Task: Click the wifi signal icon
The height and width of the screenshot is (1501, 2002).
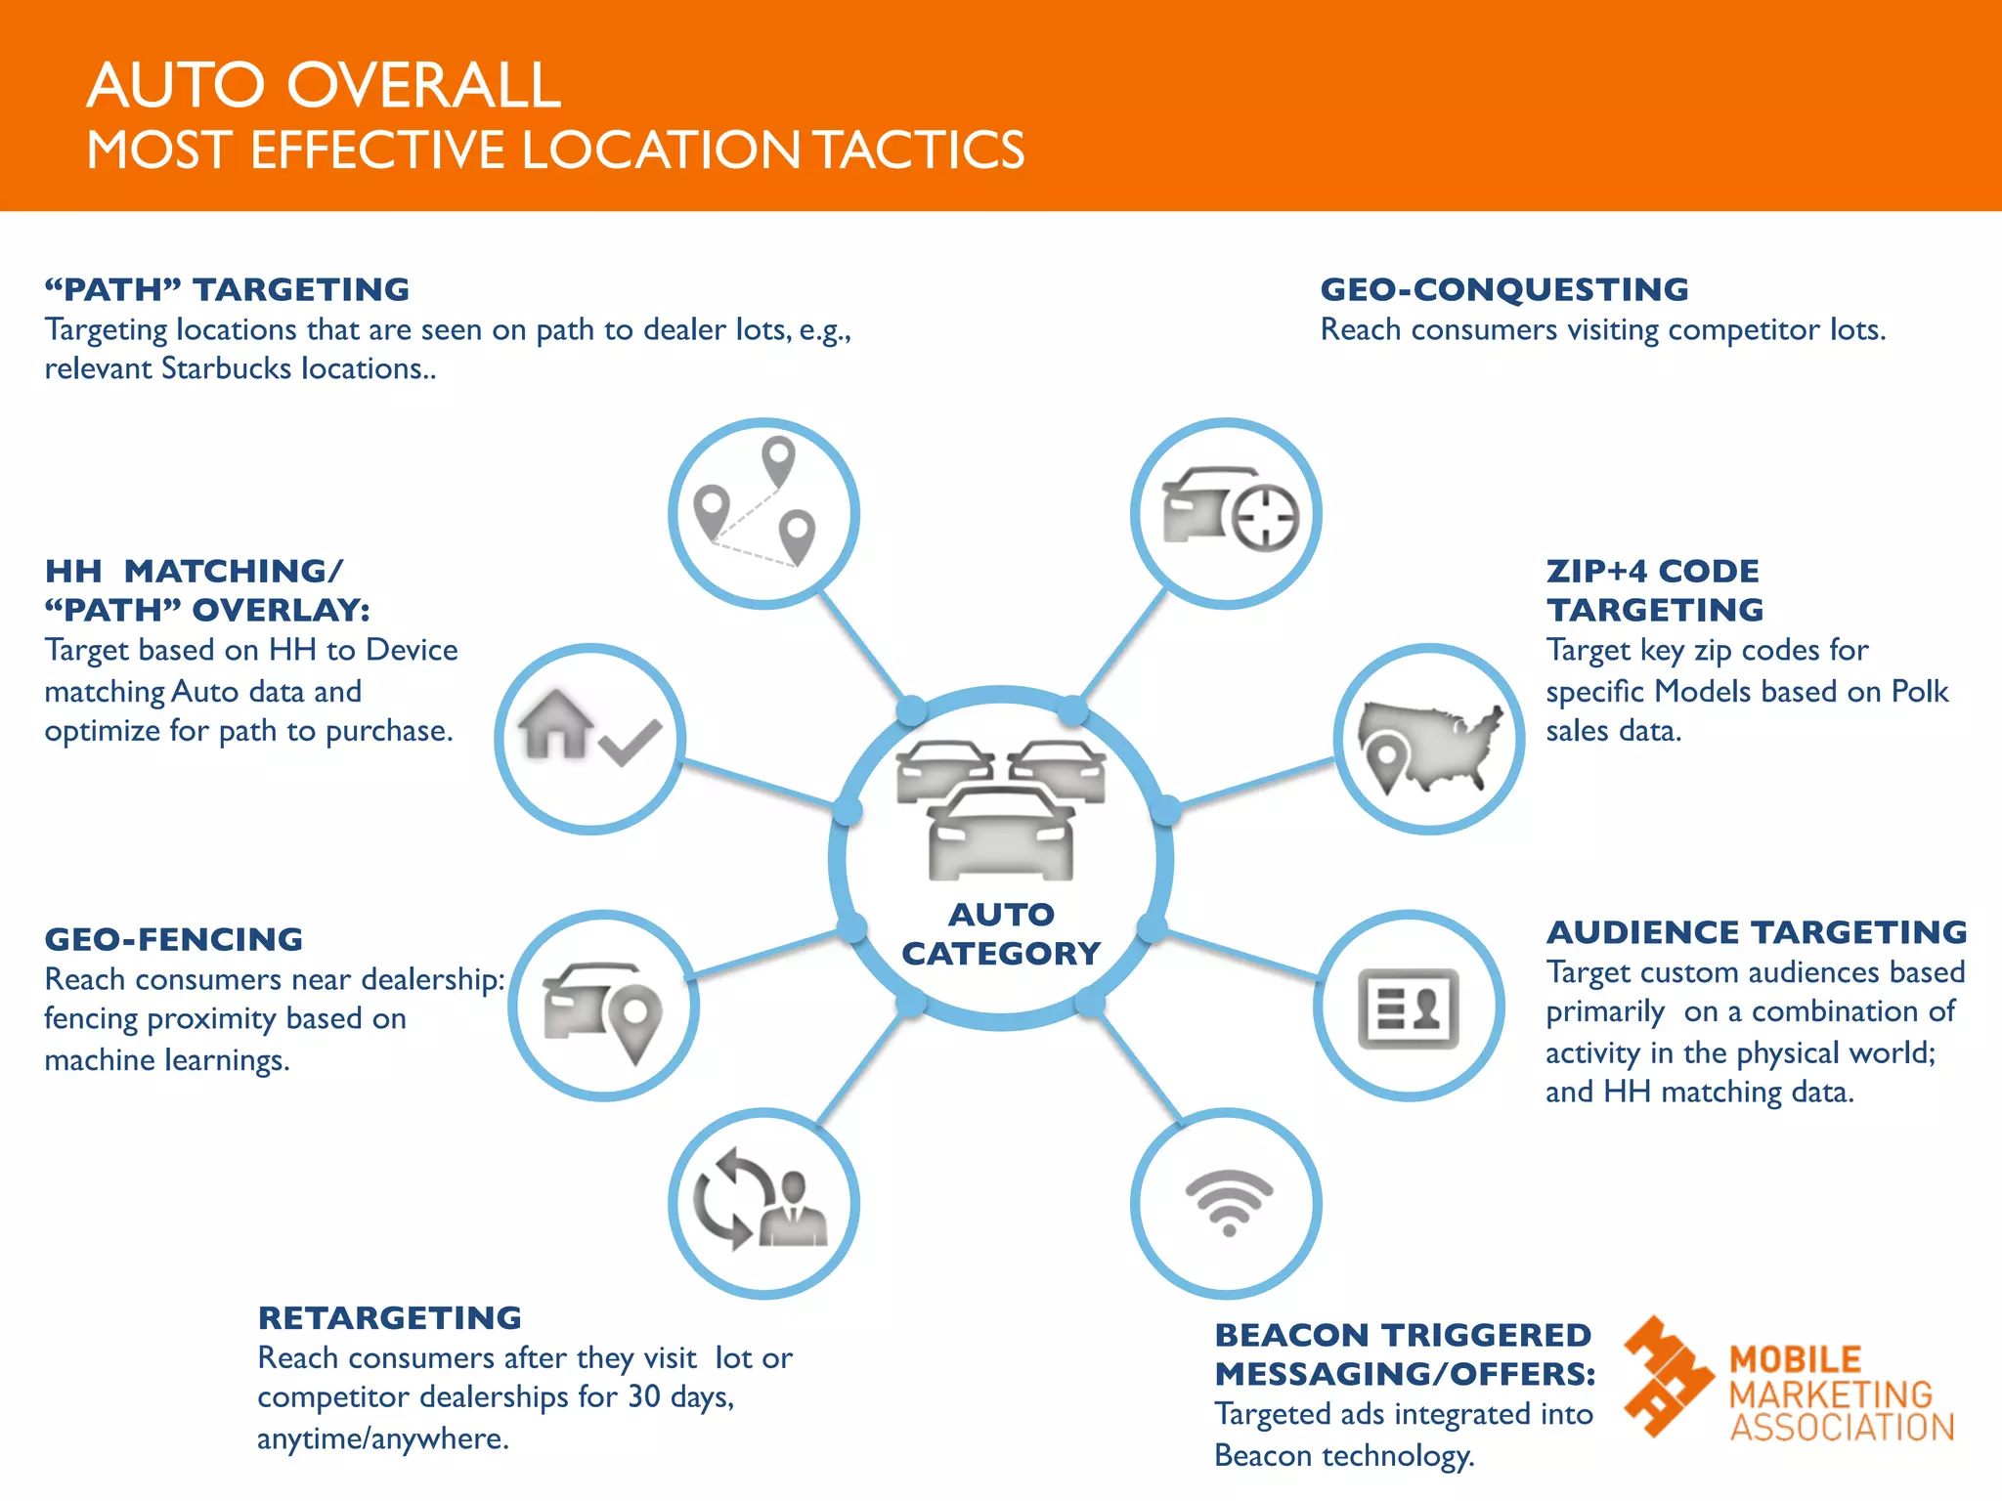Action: (x=1228, y=1202)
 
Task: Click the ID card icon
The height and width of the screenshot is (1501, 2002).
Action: (x=1408, y=1008)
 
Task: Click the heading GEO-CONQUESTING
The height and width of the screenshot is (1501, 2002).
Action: (x=1503, y=289)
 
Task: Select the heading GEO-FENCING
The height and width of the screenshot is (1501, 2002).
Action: (x=173, y=939)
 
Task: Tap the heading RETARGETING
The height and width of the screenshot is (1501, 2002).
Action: (x=389, y=1317)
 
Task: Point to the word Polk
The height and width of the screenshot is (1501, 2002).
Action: (x=1919, y=691)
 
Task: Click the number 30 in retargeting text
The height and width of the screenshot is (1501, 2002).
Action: (x=644, y=1396)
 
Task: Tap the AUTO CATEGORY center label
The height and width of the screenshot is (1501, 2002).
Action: (x=1001, y=933)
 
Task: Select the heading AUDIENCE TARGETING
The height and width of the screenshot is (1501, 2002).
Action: (x=1756, y=932)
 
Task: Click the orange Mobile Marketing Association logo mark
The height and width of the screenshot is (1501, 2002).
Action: (x=1666, y=1375)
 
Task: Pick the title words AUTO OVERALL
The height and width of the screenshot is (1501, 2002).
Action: (x=324, y=85)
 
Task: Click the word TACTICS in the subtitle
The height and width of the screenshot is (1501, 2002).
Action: (x=919, y=150)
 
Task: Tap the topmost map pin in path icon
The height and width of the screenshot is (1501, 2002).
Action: (x=778, y=459)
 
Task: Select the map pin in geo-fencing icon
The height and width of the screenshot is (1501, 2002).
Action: (x=635, y=1021)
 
